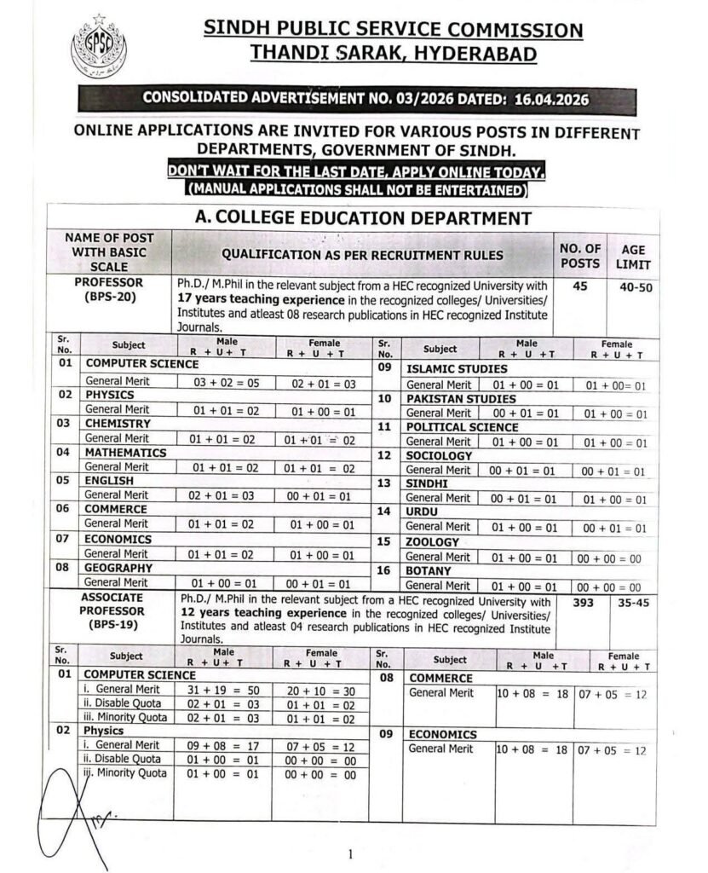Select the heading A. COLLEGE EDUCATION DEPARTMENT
pos(364,217)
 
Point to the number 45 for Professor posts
pos(580,287)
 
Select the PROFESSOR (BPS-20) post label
pos(109,289)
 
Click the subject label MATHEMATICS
pos(121,453)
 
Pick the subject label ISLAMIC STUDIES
pos(455,369)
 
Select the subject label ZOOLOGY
pos(432,542)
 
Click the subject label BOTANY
pos(429,571)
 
